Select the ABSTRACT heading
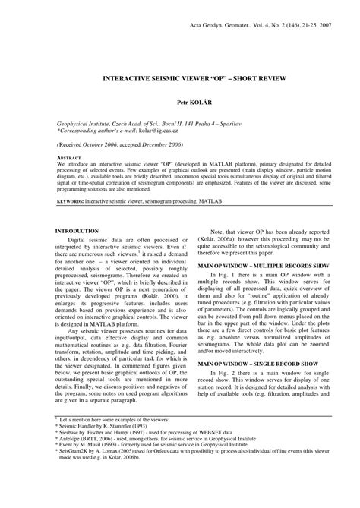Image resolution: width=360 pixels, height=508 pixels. pyautogui.click(x=73, y=158)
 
